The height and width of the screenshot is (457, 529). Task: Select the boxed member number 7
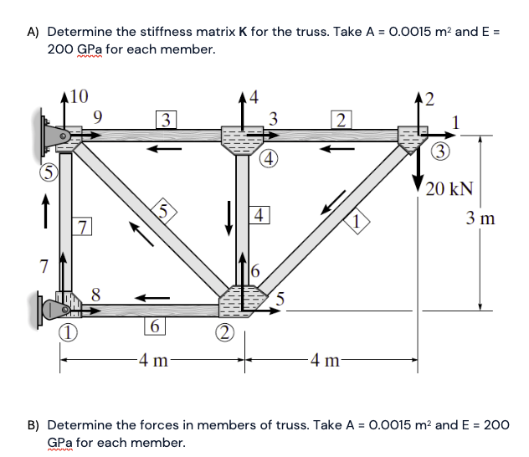point(82,226)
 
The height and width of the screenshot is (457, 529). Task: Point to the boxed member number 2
point(339,118)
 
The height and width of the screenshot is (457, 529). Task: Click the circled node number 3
point(441,151)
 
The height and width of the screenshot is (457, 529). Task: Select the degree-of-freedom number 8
point(96,294)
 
